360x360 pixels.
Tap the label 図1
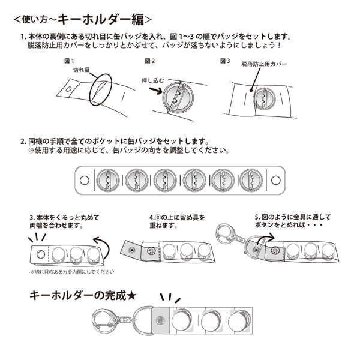[x=68, y=61]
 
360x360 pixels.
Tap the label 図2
[x=149, y=61]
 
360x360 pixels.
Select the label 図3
[x=225, y=61]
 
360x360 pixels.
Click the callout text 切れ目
[x=81, y=70]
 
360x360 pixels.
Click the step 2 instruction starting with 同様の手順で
[x=114, y=142]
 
